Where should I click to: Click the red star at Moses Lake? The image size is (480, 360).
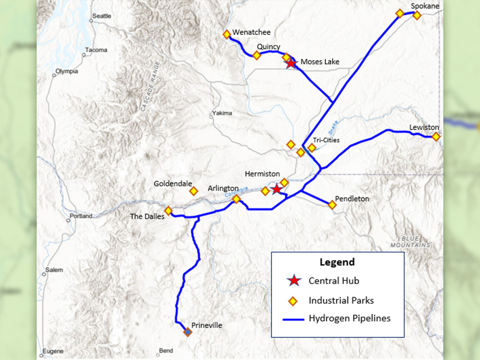(x=291, y=63)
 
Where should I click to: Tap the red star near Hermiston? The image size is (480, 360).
(x=277, y=189)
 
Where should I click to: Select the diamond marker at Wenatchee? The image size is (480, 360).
(x=227, y=34)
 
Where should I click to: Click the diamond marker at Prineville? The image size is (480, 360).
(x=188, y=332)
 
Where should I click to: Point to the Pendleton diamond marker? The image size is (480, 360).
(x=332, y=204)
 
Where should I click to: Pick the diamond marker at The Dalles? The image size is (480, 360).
(x=169, y=210)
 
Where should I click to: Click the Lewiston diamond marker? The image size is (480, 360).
(x=436, y=136)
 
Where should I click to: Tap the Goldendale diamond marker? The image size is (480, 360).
(x=194, y=190)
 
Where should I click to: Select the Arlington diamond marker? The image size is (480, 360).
(x=237, y=199)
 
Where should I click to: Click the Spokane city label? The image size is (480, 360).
(x=425, y=6)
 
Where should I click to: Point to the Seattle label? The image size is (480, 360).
(x=102, y=16)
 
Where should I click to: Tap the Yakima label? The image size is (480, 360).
(x=222, y=113)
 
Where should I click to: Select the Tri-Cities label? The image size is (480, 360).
(x=326, y=140)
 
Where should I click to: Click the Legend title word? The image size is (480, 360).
(x=337, y=262)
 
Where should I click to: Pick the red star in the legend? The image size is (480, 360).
(x=295, y=281)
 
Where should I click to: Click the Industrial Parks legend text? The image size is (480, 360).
(x=341, y=301)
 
